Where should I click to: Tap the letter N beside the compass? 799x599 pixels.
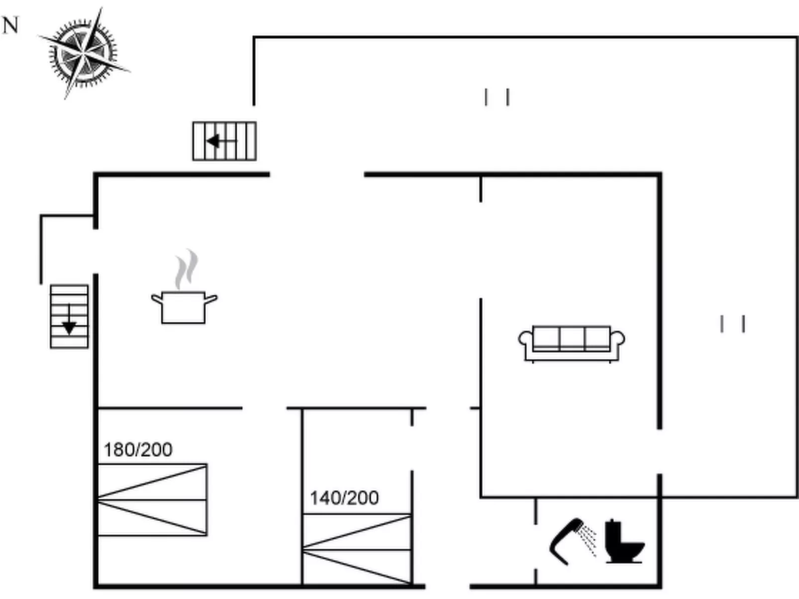[x=10, y=25]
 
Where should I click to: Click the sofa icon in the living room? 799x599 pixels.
[x=572, y=342]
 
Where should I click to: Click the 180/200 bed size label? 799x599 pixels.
[x=138, y=450]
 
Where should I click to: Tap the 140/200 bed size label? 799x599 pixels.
[x=344, y=498]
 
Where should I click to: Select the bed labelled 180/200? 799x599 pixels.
[x=152, y=500]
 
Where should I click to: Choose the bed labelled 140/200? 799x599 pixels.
[x=357, y=549]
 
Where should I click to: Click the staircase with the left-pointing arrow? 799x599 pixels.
[x=224, y=141]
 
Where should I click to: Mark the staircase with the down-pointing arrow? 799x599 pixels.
[x=69, y=316]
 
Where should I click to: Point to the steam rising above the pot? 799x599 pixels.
[x=186, y=268]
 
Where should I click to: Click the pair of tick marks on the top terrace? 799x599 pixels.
[x=497, y=97]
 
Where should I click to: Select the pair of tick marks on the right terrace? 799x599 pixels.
[x=732, y=324]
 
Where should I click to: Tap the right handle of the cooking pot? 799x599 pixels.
[x=211, y=299]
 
